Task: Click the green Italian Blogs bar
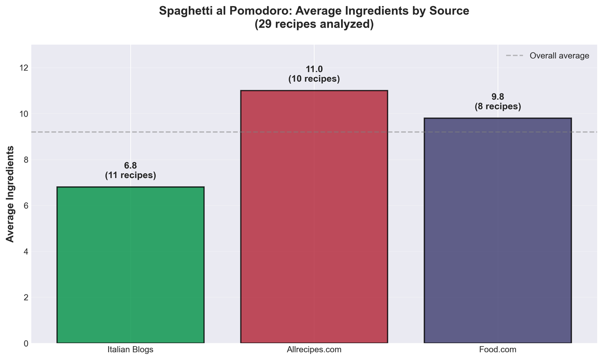click(x=130, y=265)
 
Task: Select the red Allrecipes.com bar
click(x=314, y=217)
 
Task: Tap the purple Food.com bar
click(x=497, y=230)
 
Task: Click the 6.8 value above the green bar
click(x=130, y=166)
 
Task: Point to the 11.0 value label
click(x=314, y=69)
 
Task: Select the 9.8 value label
click(x=497, y=97)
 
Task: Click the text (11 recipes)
click(x=130, y=176)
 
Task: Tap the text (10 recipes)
click(x=314, y=79)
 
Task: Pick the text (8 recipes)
click(x=497, y=106)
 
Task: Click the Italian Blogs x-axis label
click(x=130, y=349)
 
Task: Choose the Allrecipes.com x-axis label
click(x=314, y=349)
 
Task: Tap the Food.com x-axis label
click(x=497, y=349)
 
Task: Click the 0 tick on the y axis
click(x=26, y=344)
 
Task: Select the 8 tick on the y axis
click(x=26, y=160)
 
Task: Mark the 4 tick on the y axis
click(x=26, y=252)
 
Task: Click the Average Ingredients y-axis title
click(x=10, y=194)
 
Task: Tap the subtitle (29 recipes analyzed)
click(x=314, y=24)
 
